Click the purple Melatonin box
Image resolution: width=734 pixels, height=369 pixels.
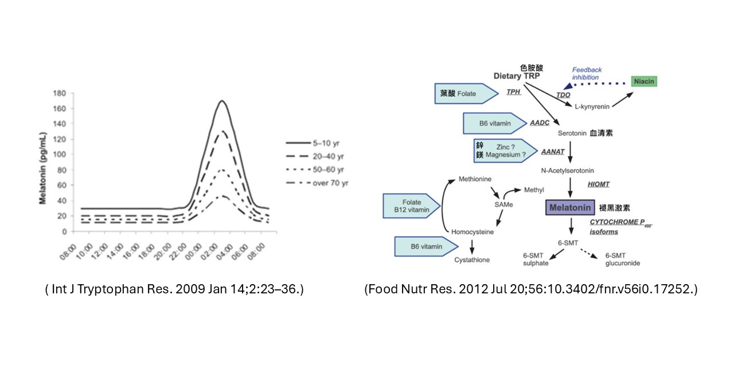[x=569, y=207]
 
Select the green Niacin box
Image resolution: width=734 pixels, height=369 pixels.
[x=644, y=81]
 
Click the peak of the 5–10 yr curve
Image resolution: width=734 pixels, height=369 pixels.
[x=221, y=101]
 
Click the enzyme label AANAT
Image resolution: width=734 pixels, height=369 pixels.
[x=553, y=152]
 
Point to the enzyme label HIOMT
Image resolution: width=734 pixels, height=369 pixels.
[x=598, y=184]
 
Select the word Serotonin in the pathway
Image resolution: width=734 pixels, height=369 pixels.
[x=572, y=133]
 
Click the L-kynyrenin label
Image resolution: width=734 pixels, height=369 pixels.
[x=592, y=106]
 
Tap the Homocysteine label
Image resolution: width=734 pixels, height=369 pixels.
[x=473, y=232]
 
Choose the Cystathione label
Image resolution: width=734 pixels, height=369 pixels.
[x=472, y=260]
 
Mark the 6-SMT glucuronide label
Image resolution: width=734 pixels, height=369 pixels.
[x=622, y=260]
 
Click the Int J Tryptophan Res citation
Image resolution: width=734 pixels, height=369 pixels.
[x=174, y=289]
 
